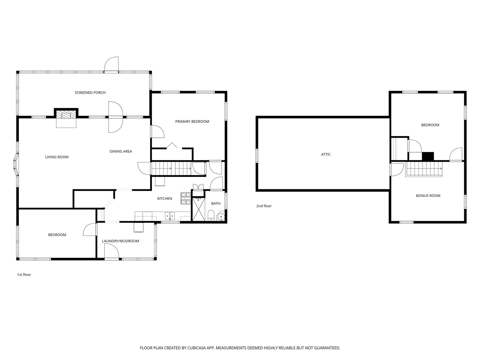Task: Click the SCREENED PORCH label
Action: click(x=90, y=93)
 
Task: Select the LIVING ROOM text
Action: click(x=57, y=157)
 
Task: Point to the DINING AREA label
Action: click(x=121, y=151)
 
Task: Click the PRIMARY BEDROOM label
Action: click(x=192, y=121)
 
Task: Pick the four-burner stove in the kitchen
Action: click(x=186, y=198)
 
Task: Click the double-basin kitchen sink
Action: click(x=170, y=216)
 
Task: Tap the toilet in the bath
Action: click(x=211, y=216)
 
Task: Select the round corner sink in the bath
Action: click(x=221, y=217)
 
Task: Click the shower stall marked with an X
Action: click(x=198, y=209)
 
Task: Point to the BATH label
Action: click(x=216, y=204)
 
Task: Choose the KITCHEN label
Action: click(x=165, y=198)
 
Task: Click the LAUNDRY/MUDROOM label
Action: click(x=120, y=241)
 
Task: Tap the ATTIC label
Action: click(x=325, y=154)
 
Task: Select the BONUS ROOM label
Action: click(x=428, y=196)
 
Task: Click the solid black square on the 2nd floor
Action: click(x=427, y=156)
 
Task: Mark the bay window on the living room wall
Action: click(x=16, y=165)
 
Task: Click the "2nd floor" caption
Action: click(x=264, y=206)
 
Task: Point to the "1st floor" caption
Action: click(x=24, y=274)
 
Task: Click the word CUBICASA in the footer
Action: click(x=196, y=348)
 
